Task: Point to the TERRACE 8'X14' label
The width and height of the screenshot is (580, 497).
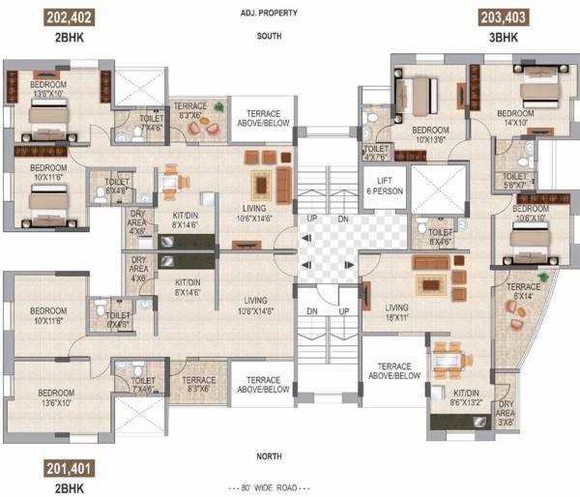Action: (x=524, y=293)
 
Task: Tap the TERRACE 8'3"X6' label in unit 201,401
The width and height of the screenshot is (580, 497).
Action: (x=199, y=385)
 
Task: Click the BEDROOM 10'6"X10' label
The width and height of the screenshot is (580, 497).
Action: (x=531, y=213)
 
